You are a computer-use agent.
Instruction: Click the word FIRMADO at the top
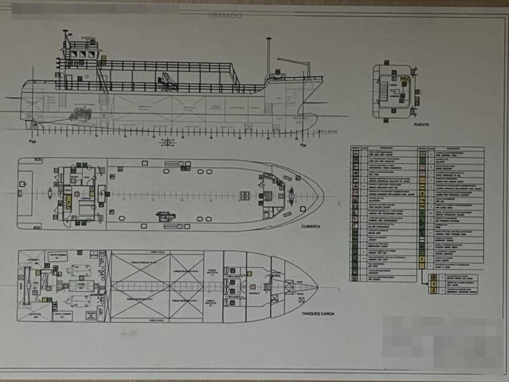[x=225, y=15]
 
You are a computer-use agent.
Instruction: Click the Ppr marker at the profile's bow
[x=303, y=144]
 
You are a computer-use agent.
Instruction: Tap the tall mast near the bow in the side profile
[x=269, y=57]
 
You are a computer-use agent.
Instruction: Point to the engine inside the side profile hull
[x=81, y=115]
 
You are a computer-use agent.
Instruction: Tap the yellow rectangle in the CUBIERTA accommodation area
[x=68, y=201]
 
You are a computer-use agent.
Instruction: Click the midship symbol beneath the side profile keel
[x=168, y=141]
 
